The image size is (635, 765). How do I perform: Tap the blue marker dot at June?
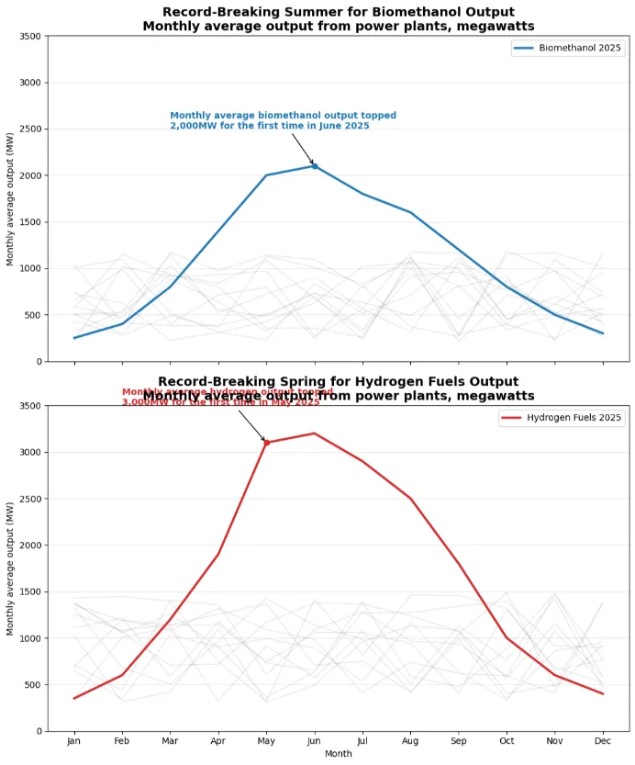pos(314,165)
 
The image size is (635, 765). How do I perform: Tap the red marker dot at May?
pos(266,443)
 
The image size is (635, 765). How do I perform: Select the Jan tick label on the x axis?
pos(74,741)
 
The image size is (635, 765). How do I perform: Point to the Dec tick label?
pos(603,741)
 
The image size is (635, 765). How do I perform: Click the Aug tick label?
pos(410,741)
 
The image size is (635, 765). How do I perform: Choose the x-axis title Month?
pos(339,754)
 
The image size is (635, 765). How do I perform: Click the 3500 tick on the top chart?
pos(29,36)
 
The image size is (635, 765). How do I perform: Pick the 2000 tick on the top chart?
pos(29,175)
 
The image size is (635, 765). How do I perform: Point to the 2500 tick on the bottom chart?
pos(29,499)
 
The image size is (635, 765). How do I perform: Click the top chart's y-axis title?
pos(11,199)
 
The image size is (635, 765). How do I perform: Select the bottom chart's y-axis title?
pos(11,568)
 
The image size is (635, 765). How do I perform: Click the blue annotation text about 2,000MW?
pos(283,120)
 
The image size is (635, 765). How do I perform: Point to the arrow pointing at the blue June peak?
pos(303,149)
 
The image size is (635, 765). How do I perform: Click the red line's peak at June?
pos(314,433)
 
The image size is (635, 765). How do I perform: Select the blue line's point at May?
pos(266,175)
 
